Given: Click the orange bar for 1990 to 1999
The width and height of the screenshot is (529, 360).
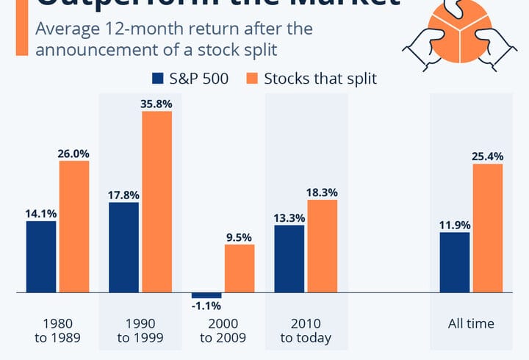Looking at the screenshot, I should [x=156, y=202].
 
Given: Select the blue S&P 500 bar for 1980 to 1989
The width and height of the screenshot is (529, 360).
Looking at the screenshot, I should [x=41, y=256].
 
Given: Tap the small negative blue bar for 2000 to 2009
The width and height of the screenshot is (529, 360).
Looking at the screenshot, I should [x=206, y=295].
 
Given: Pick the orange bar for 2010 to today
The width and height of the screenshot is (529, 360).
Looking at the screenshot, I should [x=322, y=246].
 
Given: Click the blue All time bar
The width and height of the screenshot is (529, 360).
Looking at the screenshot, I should [x=454, y=262].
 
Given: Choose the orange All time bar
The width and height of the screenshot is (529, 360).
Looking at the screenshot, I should [x=488, y=228].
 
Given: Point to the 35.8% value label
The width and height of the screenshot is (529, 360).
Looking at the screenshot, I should [x=156, y=104].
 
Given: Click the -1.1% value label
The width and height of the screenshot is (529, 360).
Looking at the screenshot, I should [x=206, y=306].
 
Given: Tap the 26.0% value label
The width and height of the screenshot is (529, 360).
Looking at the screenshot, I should [x=74, y=154].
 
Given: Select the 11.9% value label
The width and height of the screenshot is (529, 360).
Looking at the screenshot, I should [x=454, y=225].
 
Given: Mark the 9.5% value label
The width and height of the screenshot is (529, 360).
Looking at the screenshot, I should [x=239, y=237].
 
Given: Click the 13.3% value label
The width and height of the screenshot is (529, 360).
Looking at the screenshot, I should [x=289, y=217].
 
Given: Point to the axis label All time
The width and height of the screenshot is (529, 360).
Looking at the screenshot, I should [x=471, y=323].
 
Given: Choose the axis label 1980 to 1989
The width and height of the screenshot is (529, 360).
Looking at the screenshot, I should [x=58, y=331].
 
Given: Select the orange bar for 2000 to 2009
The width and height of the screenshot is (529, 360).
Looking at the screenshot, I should [x=239, y=268].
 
